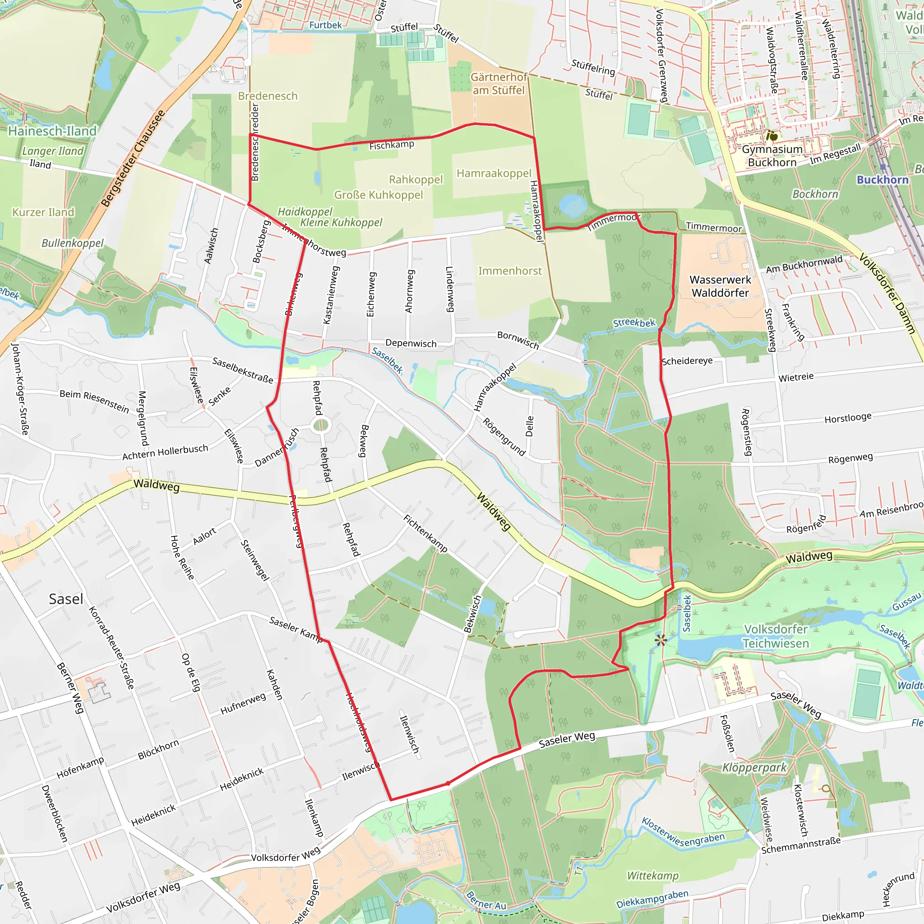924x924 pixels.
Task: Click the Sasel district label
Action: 66,599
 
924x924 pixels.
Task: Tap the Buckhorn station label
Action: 882,180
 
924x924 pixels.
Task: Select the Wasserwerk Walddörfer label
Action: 720,286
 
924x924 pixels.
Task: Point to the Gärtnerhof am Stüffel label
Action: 499,84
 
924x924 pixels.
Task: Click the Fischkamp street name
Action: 391,145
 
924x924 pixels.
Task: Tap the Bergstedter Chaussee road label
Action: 133,158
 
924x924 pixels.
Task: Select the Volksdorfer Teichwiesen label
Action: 775,636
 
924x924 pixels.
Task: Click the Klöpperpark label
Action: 754,767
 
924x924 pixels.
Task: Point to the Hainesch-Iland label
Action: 52,131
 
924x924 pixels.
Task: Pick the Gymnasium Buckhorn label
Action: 772,156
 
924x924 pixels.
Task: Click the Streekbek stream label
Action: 634,323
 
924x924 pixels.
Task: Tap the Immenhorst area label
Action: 510,271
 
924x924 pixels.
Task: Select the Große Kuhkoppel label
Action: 378,195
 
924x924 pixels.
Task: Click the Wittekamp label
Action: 653,876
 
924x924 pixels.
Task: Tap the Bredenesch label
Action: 268,96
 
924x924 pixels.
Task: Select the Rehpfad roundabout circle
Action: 320,425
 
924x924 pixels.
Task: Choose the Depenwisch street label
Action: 411,343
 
